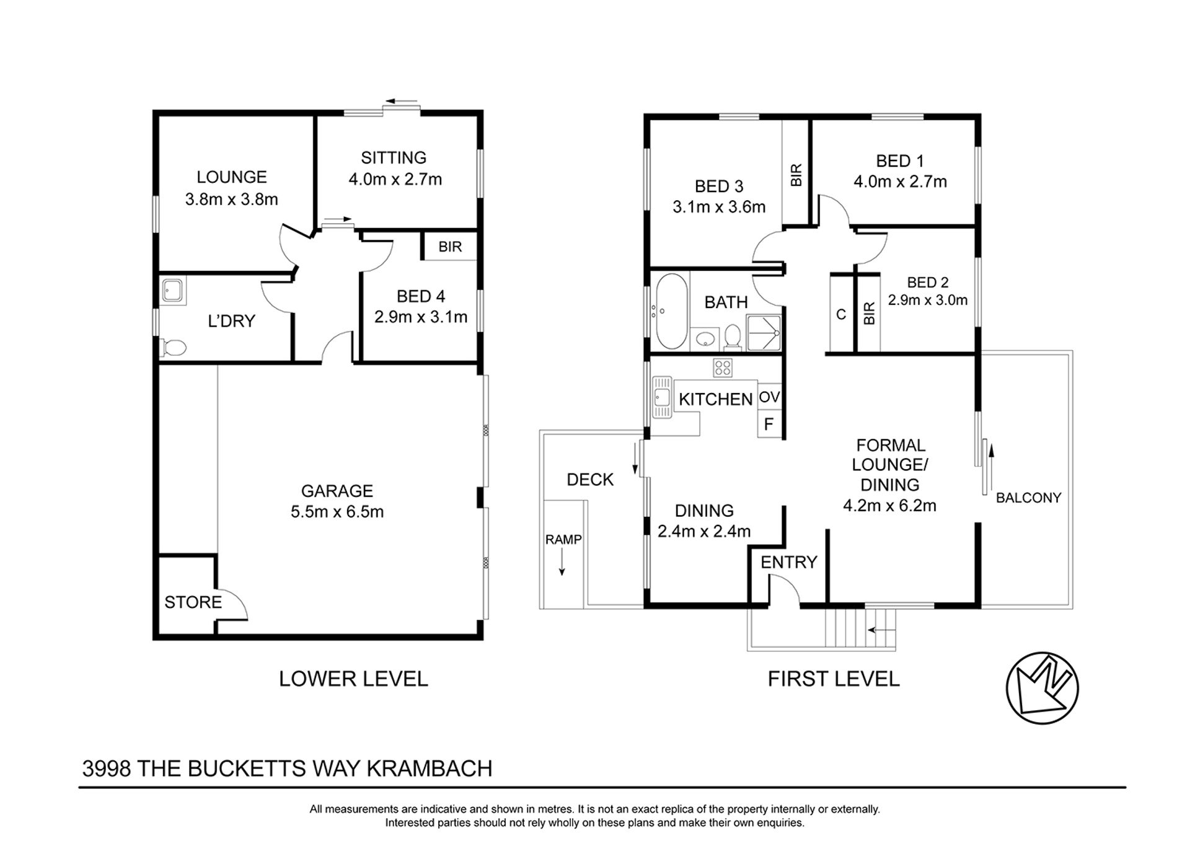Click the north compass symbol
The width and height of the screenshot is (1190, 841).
1042,688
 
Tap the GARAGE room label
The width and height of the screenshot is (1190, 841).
337,491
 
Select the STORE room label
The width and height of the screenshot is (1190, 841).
193,602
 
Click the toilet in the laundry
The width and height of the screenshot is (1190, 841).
173,348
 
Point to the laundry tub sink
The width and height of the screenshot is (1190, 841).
173,291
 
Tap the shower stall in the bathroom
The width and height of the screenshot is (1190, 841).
764,333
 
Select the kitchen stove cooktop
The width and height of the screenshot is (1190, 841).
723,368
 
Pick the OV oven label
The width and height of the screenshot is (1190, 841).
769,397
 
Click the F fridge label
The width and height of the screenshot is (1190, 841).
769,425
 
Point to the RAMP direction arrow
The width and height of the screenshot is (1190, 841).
562,563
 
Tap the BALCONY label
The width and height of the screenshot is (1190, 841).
1028,498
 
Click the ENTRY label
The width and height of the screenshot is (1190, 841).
789,562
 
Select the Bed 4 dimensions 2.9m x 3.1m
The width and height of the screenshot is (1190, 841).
421,317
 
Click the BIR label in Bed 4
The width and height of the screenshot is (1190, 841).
450,247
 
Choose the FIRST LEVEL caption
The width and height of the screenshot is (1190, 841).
834,679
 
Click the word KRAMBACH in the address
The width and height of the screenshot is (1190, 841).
430,768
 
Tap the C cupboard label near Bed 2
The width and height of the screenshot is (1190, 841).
841,315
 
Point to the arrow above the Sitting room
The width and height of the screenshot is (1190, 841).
400,101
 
